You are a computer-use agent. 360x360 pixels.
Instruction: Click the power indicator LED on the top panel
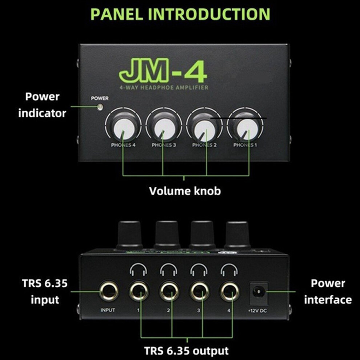click(x=100, y=107)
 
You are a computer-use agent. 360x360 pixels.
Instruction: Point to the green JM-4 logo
click(x=163, y=71)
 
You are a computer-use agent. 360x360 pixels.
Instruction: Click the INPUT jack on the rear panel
click(x=109, y=291)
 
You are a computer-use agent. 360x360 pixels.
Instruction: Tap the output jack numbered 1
click(x=139, y=291)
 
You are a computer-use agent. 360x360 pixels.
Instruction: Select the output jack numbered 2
click(x=169, y=291)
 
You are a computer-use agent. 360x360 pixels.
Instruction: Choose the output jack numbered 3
click(x=200, y=291)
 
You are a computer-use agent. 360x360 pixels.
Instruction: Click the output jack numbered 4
click(x=230, y=291)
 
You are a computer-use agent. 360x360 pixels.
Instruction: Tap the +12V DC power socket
click(x=258, y=292)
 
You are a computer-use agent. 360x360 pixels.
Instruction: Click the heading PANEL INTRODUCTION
click(x=180, y=14)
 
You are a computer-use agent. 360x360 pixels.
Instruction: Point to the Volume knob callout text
click(x=185, y=191)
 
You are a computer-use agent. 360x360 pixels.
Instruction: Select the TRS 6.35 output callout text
click(x=186, y=351)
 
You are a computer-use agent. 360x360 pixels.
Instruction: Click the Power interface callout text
click(x=328, y=291)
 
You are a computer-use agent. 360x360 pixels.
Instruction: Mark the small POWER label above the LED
click(x=100, y=98)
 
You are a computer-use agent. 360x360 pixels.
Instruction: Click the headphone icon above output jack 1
click(x=139, y=269)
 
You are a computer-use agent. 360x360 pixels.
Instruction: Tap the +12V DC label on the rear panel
click(x=257, y=311)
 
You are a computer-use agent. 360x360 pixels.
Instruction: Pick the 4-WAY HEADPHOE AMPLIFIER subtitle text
click(x=164, y=88)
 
